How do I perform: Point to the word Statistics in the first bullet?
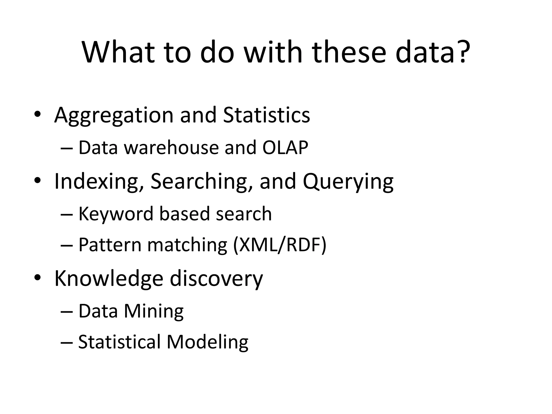pyautogui.click(x=267, y=115)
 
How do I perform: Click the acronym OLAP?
pyautogui.click(x=285, y=148)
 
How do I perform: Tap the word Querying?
pyautogui.click(x=348, y=182)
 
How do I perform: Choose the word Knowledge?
pyautogui.click(x=109, y=278)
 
